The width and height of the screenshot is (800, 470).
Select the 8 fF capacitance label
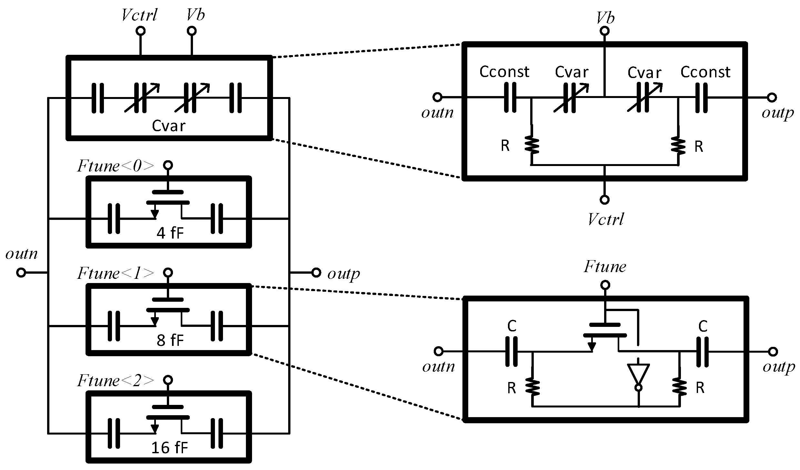pos(170,340)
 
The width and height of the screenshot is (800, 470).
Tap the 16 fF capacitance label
pos(169,448)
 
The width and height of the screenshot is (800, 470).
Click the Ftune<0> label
pos(116,166)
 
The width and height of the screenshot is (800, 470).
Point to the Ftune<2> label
pos(116,381)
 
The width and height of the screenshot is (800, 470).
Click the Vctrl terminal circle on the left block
pos(140,31)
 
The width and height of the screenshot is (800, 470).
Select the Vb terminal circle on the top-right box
pos(604,31)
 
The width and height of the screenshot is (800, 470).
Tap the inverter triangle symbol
pos(638,375)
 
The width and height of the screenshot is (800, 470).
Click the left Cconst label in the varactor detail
pos(504,72)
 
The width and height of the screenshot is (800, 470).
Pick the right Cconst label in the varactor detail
pos(705,72)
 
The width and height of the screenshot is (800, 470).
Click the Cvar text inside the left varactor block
pos(168,126)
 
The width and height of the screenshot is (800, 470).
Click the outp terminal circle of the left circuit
pos(316,273)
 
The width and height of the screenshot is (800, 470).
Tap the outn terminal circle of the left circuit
pos(21,273)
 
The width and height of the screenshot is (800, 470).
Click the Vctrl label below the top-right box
pos(605,219)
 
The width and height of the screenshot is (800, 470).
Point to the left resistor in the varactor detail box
pos(532,145)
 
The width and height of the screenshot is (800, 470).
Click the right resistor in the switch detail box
pos(679,388)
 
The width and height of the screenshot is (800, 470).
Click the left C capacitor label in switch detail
pos(512,326)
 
